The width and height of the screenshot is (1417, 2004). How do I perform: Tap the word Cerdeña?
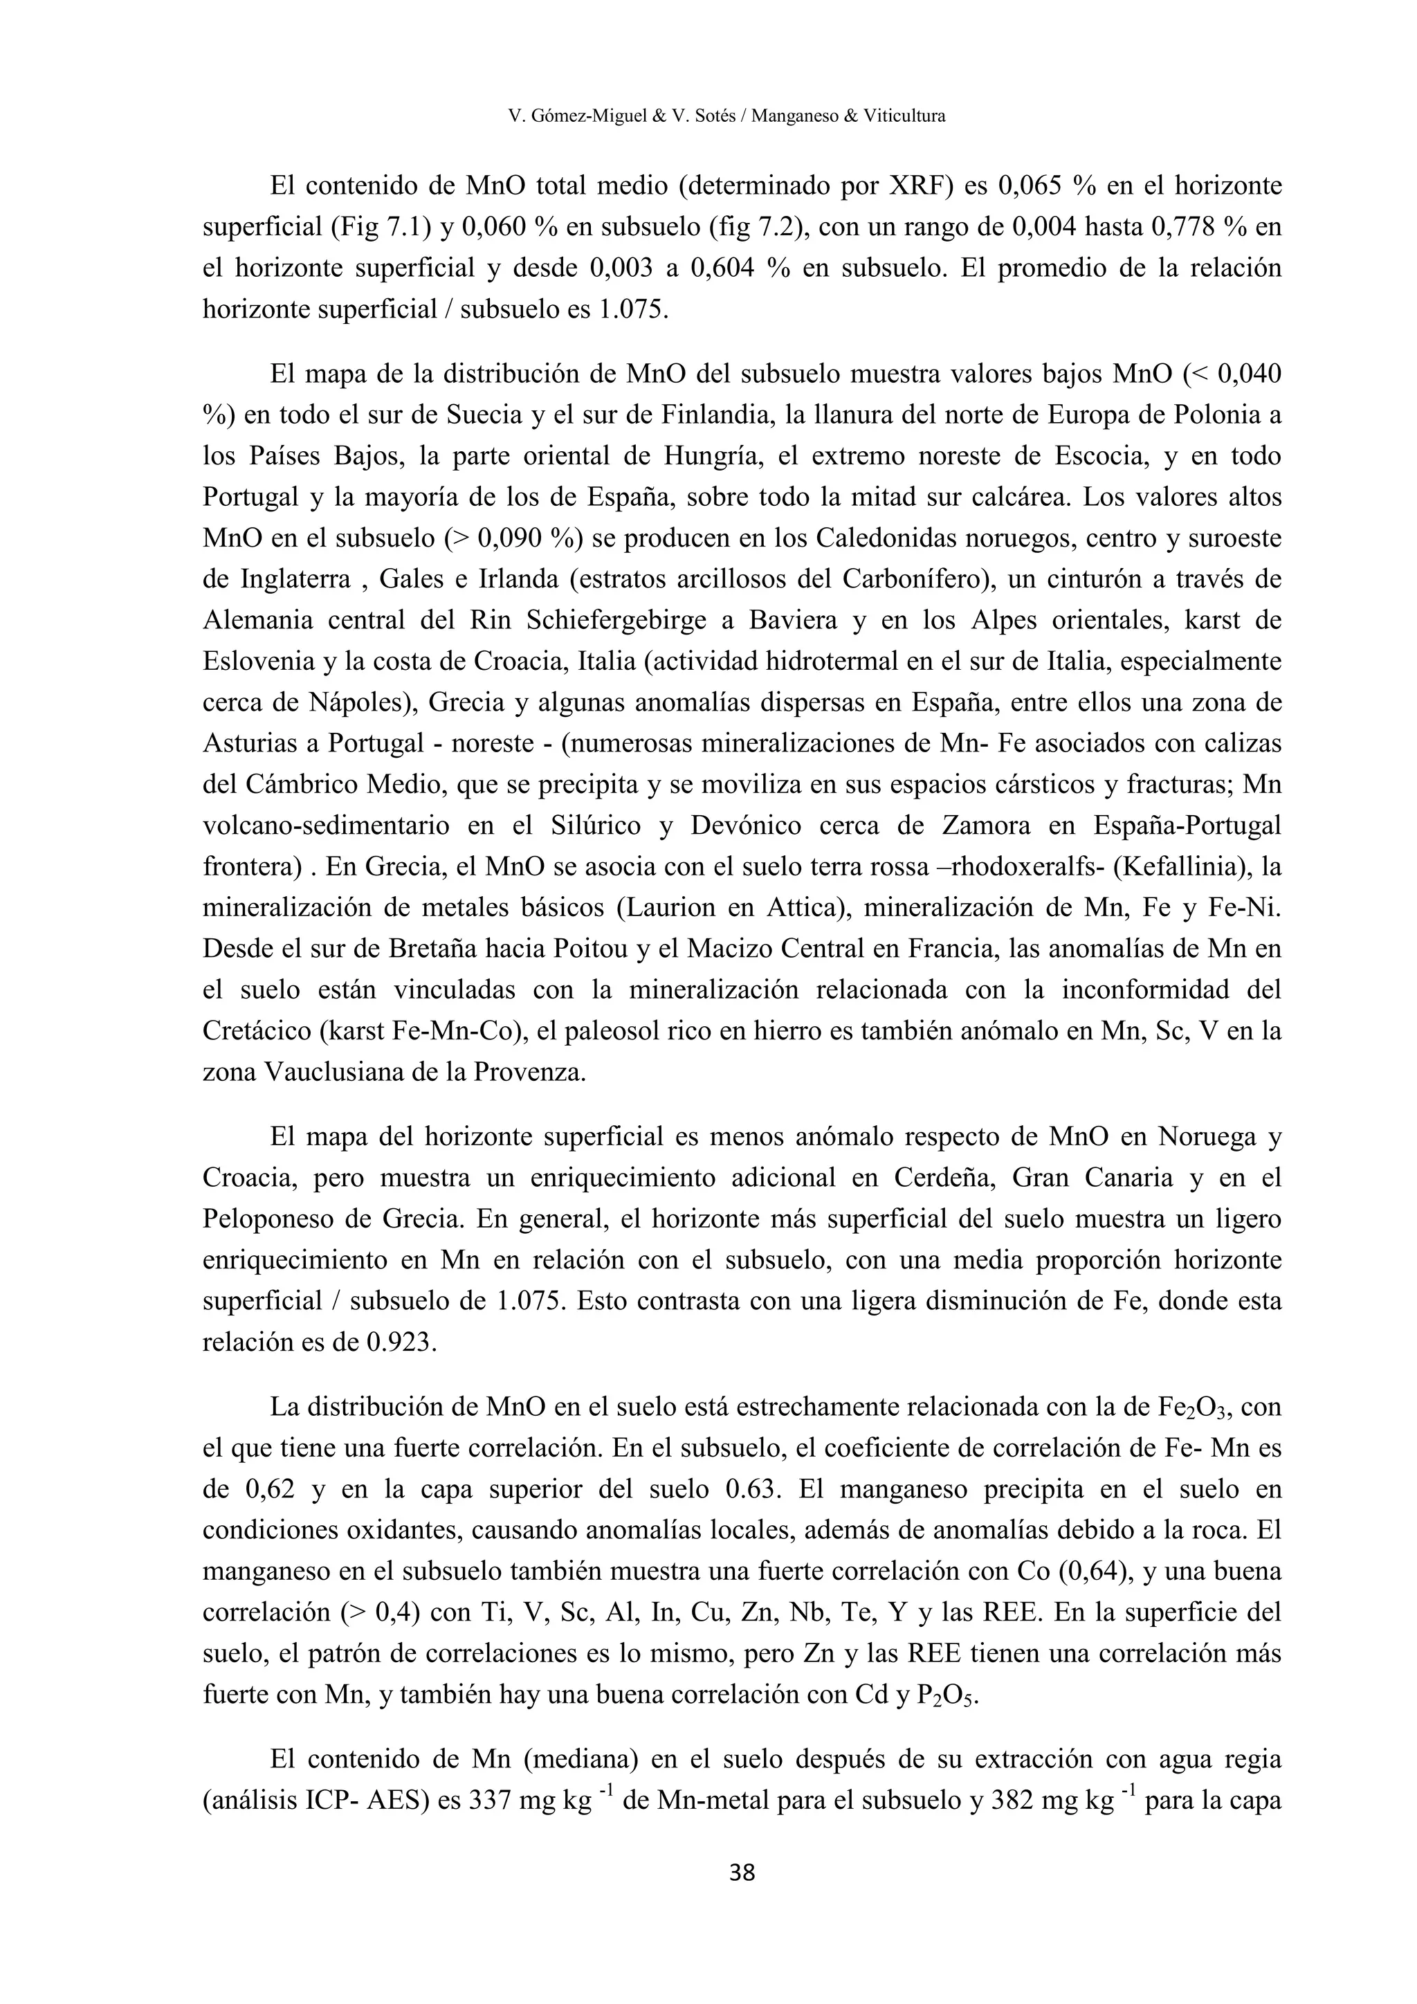tap(946, 1178)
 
